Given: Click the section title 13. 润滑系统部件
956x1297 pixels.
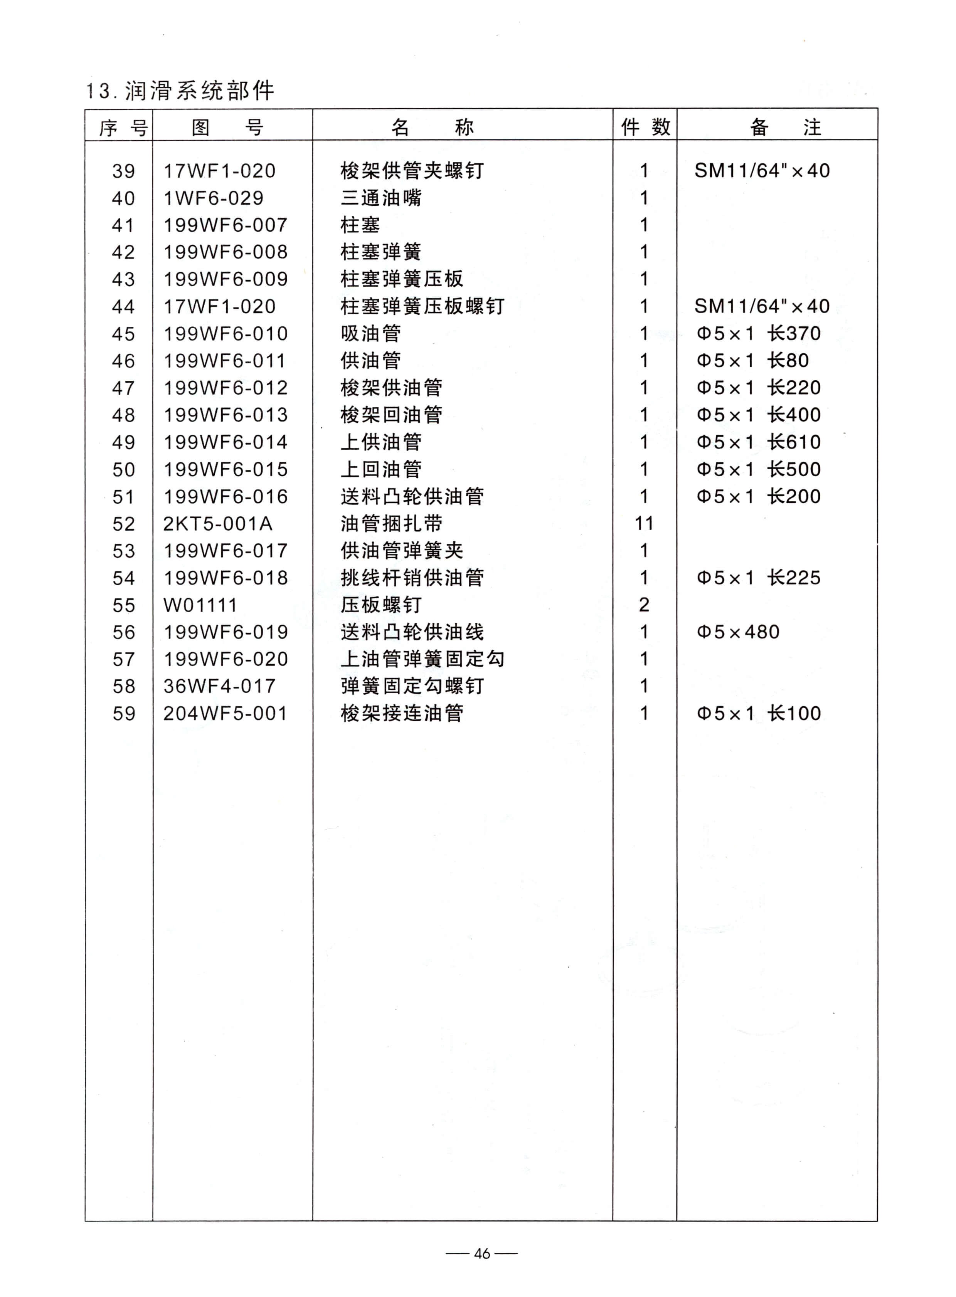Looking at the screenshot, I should click(180, 91).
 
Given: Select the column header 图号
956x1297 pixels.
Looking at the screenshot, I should click(227, 127).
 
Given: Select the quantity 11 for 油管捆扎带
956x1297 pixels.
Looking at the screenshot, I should click(643, 524).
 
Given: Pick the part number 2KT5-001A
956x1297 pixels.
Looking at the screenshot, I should click(217, 524).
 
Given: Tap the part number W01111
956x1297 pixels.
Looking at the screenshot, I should click(200, 605).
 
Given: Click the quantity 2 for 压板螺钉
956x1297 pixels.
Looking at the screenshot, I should click(643, 605).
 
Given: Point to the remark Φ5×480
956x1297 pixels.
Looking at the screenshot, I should click(738, 632).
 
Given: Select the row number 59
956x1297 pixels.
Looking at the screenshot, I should click(124, 713).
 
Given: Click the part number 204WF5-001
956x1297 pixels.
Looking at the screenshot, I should click(225, 713).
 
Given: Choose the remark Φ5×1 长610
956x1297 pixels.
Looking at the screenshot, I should click(758, 442).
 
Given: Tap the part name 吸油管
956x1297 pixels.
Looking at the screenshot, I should click(370, 334).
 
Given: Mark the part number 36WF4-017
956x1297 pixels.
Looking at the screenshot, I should click(219, 686).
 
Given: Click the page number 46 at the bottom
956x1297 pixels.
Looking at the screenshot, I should click(481, 1253).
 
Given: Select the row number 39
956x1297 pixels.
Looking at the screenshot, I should click(124, 171).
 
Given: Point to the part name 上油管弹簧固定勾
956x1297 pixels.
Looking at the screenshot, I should click(422, 659).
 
